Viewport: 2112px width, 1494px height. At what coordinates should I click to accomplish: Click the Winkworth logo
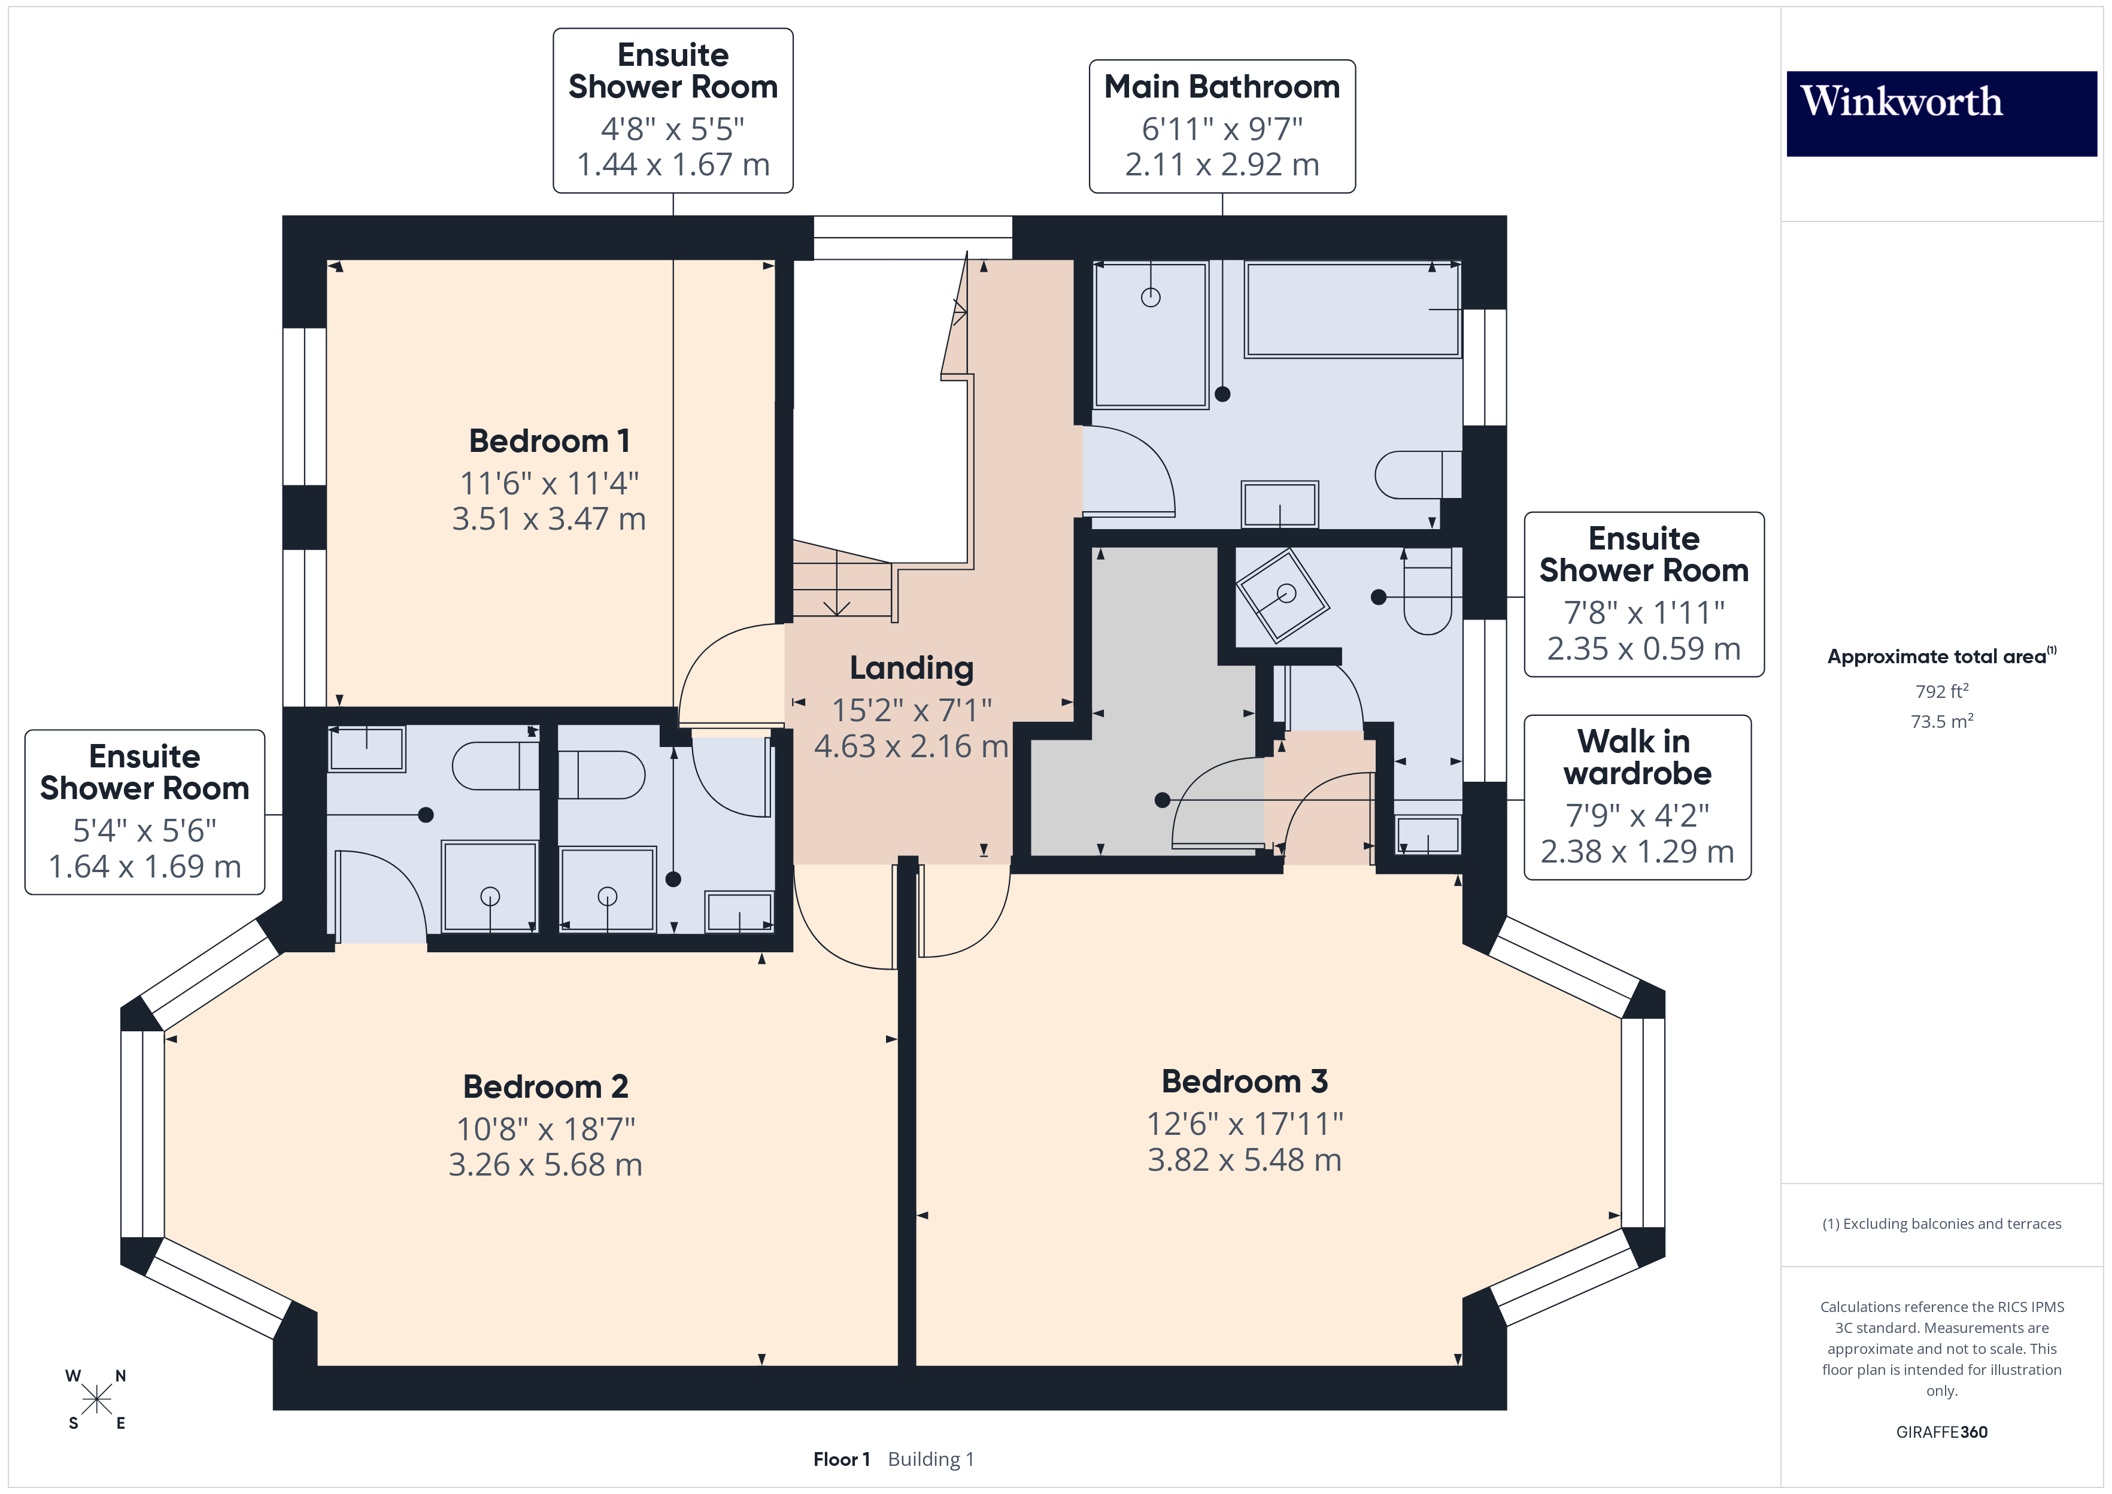click(x=1941, y=113)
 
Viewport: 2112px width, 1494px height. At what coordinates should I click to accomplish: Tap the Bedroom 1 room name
click(x=549, y=441)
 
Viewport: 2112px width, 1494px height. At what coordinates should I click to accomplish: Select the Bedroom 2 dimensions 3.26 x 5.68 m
click(x=545, y=1165)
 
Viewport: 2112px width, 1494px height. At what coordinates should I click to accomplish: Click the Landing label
click(x=911, y=668)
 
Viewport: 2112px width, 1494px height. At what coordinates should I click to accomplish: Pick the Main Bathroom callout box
click(x=1222, y=126)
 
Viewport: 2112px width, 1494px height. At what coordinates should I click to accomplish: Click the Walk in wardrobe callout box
click(x=1637, y=797)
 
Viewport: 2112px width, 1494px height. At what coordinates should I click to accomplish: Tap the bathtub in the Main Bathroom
click(x=1351, y=309)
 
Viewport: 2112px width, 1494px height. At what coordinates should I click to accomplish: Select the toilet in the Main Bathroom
click(x=1416, y=475)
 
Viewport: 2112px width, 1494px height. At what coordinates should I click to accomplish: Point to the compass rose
click(x=96, y=1399)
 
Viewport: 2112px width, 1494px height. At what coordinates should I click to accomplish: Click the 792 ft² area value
click(x=1941, y=691)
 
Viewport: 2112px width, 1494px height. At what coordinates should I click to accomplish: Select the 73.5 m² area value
click(x=1941, y=721)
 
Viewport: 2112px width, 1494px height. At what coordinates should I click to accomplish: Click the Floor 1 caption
click(x=840, y=1459)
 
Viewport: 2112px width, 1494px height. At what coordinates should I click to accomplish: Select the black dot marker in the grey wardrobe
click(x=1162, y=800)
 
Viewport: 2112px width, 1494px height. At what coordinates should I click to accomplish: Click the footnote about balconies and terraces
click(x=1941, y=1223)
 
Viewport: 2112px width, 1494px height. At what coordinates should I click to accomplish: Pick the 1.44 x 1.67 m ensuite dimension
click(x=672, y=165)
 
